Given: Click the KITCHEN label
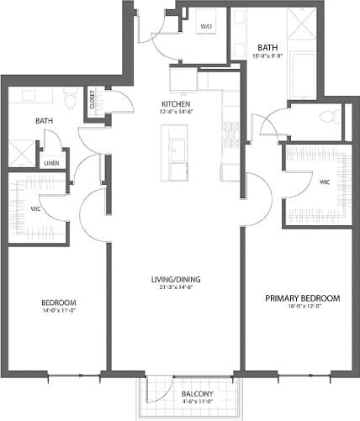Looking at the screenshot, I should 178,104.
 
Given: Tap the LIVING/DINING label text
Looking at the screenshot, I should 177,280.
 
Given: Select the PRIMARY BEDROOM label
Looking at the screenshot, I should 302,298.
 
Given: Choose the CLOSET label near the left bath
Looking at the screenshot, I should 92,99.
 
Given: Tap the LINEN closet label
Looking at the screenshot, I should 52,162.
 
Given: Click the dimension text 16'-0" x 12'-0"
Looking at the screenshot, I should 302,308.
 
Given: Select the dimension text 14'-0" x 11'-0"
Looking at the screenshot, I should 59,311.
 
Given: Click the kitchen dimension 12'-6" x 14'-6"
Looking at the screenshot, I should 178,113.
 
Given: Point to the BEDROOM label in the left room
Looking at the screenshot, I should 59,302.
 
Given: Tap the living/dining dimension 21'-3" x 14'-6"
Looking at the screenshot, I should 177,289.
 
